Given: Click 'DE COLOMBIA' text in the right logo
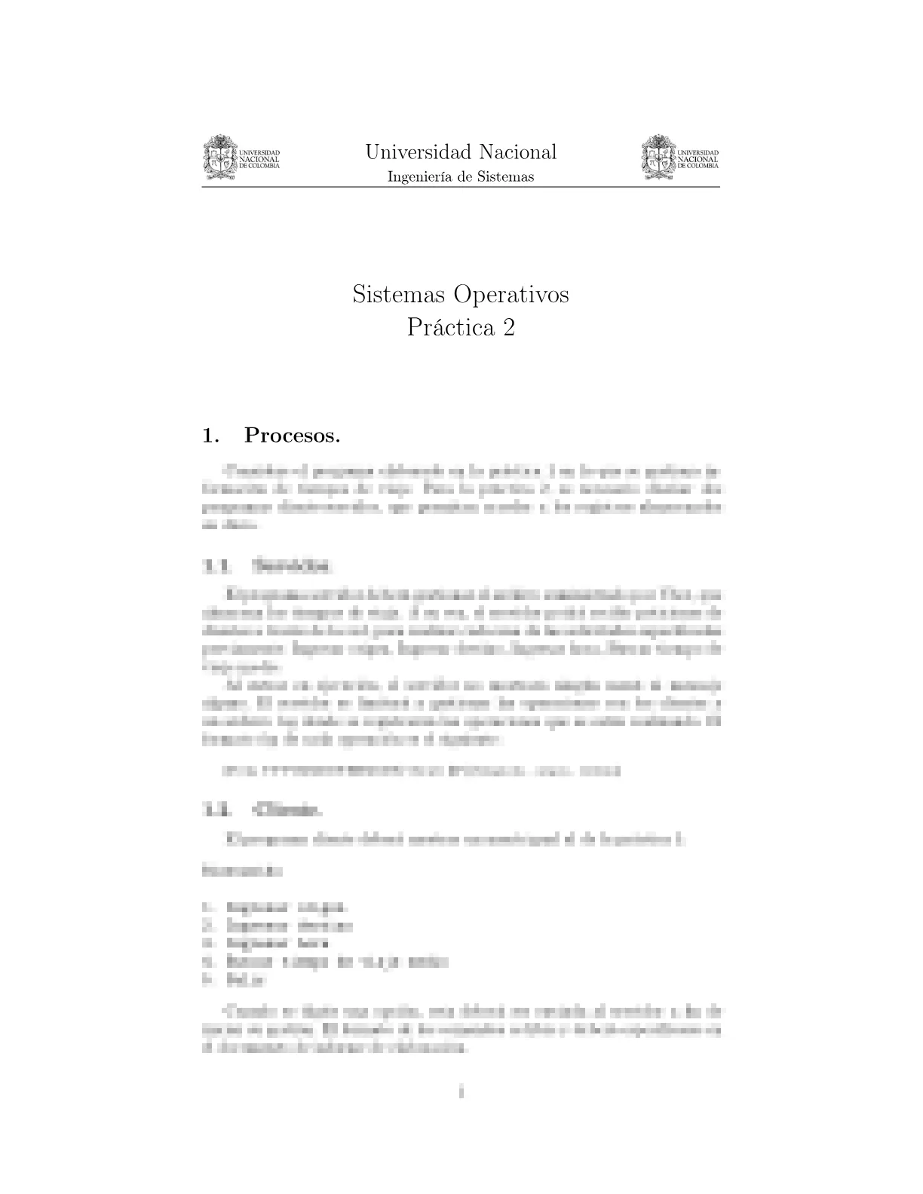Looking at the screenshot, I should [x=698, y=166].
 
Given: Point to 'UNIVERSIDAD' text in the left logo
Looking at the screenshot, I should [x=259, y=153].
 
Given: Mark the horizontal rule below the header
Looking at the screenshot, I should [x=461, y=187].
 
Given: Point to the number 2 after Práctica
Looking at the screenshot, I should [x=509, y=328].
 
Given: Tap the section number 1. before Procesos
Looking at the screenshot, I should [x=210, y=435].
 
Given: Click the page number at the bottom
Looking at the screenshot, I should [x=461, y=1091].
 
